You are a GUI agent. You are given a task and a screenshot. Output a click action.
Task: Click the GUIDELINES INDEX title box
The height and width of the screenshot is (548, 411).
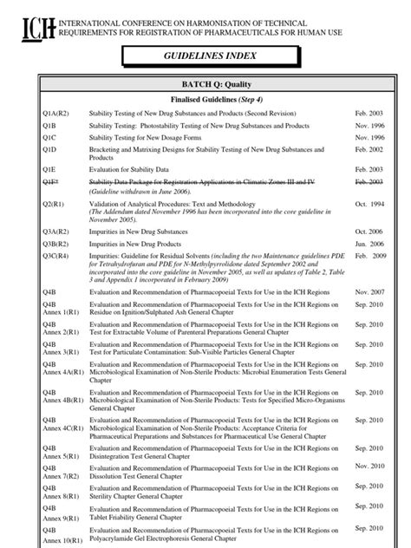click(x=205, y=57)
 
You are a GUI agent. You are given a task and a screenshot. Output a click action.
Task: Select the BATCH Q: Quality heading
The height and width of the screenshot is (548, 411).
click(x=205, y=84)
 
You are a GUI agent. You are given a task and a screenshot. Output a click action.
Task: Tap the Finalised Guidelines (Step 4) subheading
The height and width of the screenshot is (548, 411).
click(x=205, y=100)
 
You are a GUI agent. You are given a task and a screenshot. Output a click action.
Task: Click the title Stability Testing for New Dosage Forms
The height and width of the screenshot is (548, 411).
click(x=160, y=137)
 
